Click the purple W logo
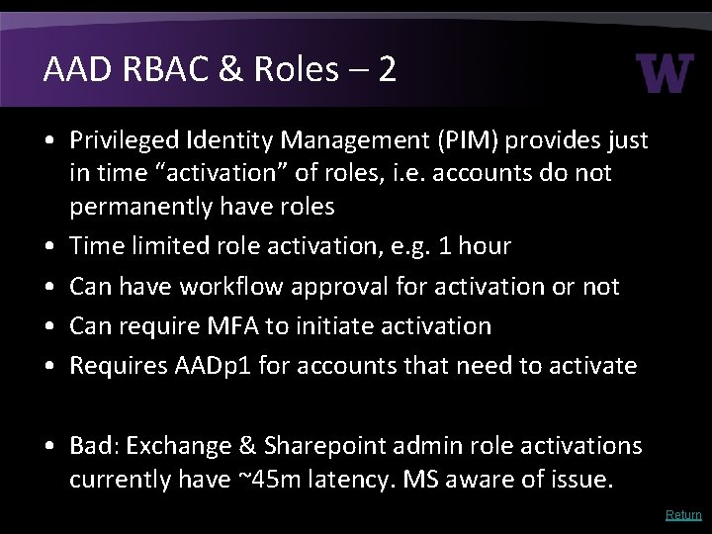click(x=666, y=74)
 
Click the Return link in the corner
click(x=683, y=515)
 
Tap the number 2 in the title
click(x=386, y=71)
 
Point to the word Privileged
click(x=127, y=141)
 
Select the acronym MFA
click(x=235, y=326)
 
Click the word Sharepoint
click(x=313, y=446)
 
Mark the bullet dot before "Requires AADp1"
click(x=48, y=366)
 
